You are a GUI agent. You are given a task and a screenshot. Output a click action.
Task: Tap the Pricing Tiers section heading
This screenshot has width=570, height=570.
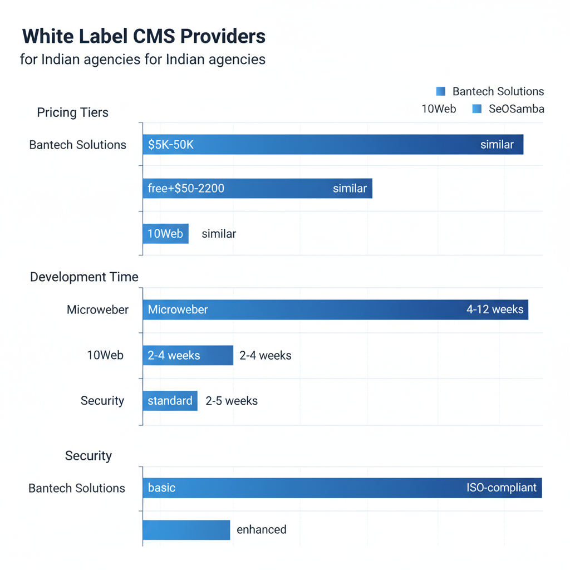[x=72, y=112]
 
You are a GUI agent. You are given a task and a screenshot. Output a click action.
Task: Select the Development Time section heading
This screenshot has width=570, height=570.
[x=84, y=277]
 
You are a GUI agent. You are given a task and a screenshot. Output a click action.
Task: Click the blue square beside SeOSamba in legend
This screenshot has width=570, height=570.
[x=476, y=109]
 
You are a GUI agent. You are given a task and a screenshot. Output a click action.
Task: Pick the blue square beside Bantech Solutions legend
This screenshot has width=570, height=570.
[x=441, y=91]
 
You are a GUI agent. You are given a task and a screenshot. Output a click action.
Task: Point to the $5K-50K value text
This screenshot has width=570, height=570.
[x=171, y=145]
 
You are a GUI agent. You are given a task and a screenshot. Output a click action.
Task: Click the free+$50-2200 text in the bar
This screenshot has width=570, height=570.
[x=186, y=188]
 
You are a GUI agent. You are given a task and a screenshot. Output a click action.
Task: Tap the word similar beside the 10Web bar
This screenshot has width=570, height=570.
[x=219, y=234]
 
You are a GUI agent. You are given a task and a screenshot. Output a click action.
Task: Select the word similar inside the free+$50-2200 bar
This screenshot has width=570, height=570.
[x=350, y=188]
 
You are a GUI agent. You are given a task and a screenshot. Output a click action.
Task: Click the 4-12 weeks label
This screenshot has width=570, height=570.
[x=495, y=309]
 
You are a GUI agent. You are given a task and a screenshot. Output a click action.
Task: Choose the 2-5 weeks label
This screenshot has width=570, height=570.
[x=232, y=401]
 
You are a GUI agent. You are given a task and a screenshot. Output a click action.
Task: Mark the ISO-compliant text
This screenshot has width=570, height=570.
[x=502, y=488]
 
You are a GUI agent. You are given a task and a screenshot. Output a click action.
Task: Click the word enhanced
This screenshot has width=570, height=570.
[x=262, y=529]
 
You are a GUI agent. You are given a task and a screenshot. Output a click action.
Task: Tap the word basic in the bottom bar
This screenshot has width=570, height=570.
[x=161, y=488]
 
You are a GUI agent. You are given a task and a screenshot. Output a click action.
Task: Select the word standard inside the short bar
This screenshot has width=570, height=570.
[x=170, y=401]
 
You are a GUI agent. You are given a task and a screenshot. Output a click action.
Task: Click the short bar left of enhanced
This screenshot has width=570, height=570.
[x=186, y=529]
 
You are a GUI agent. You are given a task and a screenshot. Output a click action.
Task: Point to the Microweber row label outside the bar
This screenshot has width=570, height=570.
[x=97, y=309]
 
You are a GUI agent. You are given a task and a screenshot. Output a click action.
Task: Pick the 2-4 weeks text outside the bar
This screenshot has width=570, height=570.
[x=266, y=355]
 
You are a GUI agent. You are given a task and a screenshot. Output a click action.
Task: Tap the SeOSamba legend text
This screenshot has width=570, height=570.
[x=516, y=109]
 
